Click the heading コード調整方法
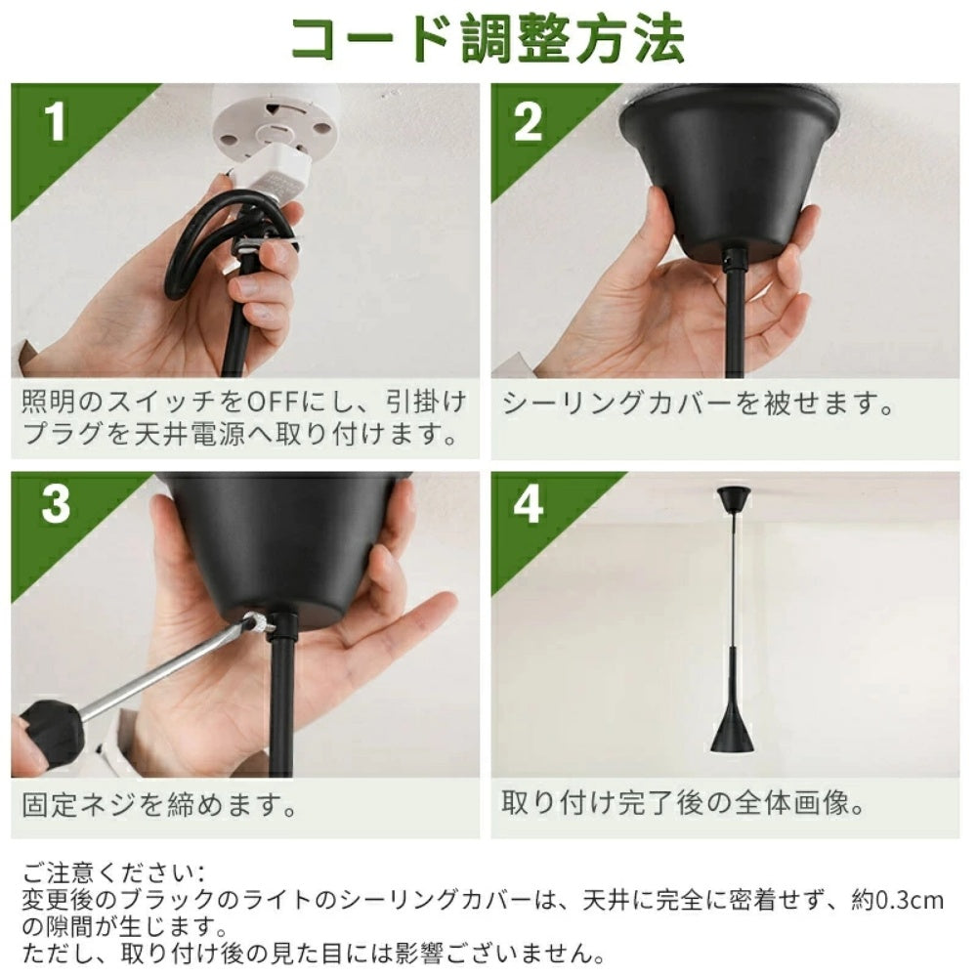pos(488,39)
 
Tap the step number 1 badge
pos(56,121)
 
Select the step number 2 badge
pos(528,121)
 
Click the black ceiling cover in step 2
pos(728,168)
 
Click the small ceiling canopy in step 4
pos(734,498)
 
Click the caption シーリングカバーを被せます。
pos(698,404)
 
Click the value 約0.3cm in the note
pos(897,901)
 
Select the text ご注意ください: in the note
pos(112,872)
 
